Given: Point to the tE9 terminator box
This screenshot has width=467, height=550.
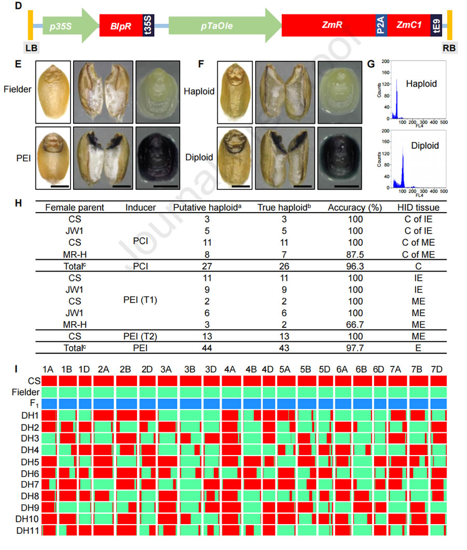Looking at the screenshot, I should tap(436, 24).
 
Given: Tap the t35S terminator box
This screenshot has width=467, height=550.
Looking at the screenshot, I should tap(147, 24).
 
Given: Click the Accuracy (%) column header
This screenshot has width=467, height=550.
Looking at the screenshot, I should tap(355, 208).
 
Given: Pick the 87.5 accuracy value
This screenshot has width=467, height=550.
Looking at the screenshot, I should tap(355, 254).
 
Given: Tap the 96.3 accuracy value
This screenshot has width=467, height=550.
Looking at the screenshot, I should tap(355, 266).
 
